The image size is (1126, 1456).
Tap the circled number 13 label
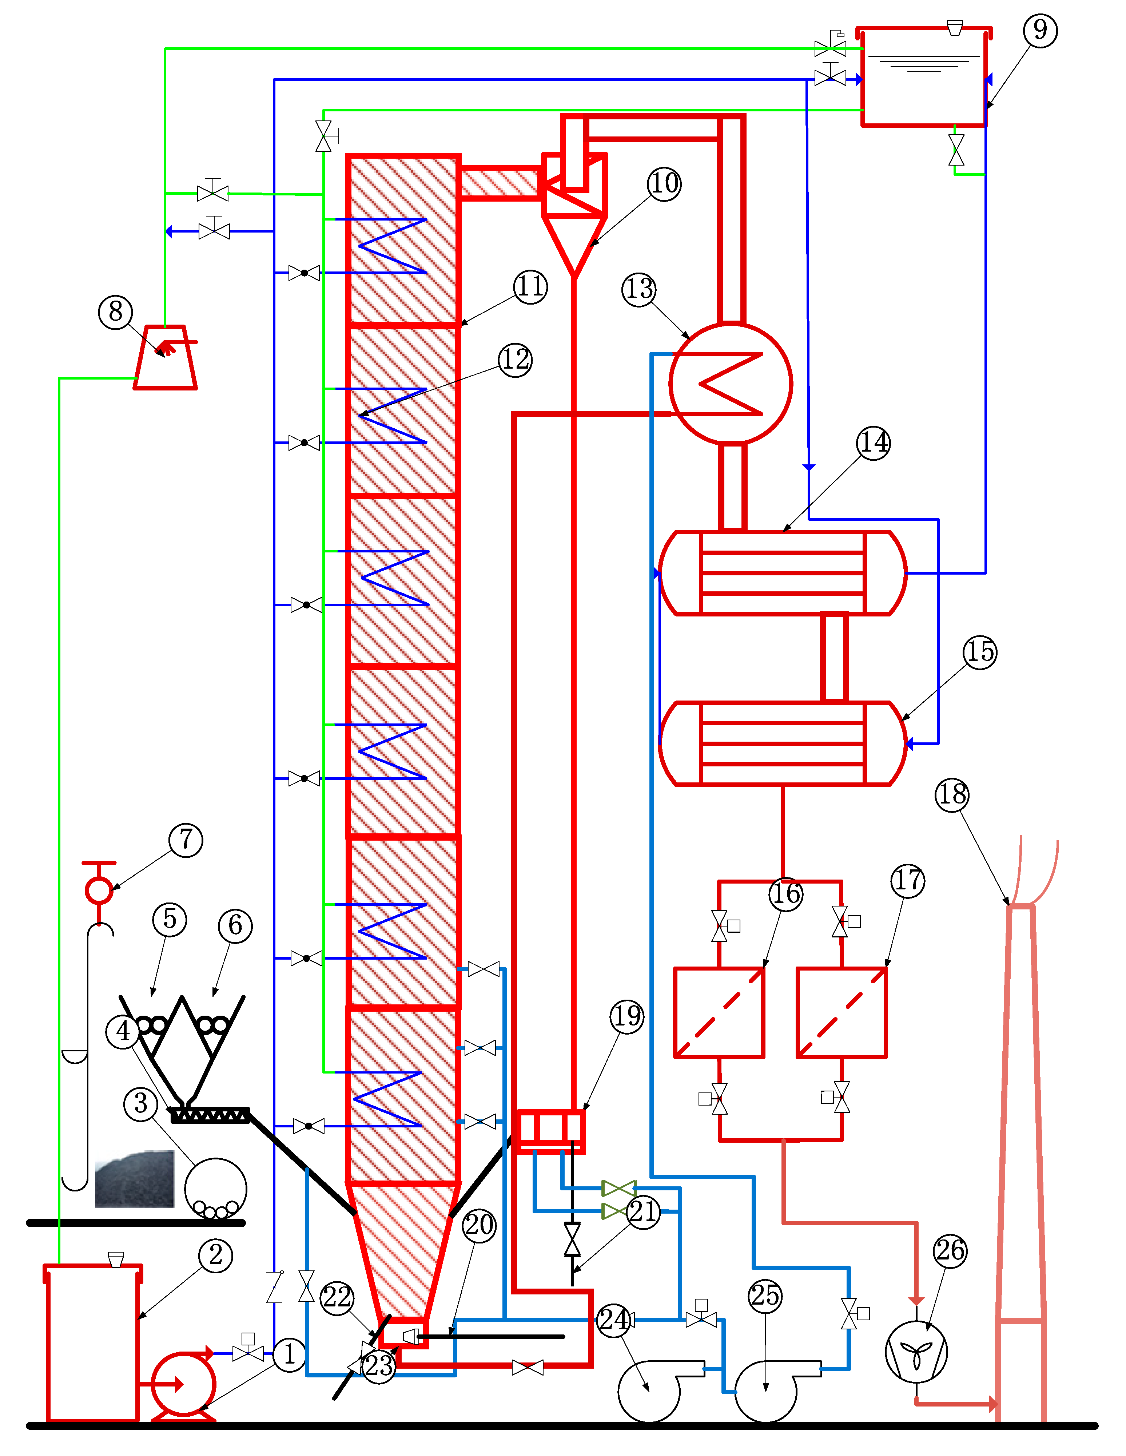tap(638, 289)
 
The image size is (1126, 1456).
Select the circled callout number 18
tap(952, 795)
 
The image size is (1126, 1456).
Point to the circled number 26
tap(950, 1251)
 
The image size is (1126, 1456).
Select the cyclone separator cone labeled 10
tap(573, 243)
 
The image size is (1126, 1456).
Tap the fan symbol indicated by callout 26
tap(916, 1351)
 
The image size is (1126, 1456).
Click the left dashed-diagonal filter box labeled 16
tap(719, 1012)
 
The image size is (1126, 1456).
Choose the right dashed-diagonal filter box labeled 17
tap(842, 1012)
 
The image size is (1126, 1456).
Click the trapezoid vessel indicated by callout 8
tap(165, 358)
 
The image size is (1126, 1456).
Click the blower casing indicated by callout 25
tap(767, 1390)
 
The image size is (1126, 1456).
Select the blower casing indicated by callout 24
tap(650, 1390)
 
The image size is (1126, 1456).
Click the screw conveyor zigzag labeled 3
tap(210, 1115)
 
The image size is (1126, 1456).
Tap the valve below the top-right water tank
tap(956, 150)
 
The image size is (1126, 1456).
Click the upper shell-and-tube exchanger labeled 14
tap(783, 573)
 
